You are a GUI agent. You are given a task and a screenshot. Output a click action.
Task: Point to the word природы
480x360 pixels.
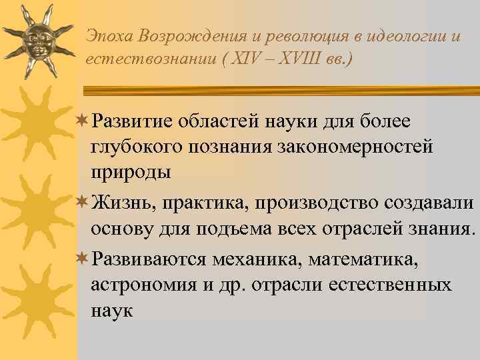coord(131,171)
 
